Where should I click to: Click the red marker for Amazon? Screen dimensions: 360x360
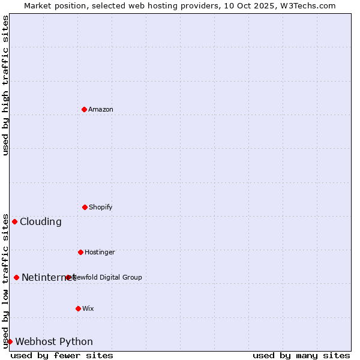(84, 109)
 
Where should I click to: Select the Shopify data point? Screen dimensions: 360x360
(85, 207)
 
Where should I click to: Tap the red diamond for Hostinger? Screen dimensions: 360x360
(80, 252)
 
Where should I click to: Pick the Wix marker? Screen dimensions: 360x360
(78, 308)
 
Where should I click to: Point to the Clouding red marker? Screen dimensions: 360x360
(14, 221)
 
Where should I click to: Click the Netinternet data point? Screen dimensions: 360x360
(16, 277)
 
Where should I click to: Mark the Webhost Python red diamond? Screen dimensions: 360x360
(10, 341)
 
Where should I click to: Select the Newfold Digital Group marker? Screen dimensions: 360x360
(68, 277)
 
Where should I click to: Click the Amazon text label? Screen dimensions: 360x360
(101, 109)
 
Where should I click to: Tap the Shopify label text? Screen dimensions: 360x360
(101, 207)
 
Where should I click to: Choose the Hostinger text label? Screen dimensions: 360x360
(100, 252)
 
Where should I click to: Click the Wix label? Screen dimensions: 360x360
(88, 308)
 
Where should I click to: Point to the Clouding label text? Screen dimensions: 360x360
(41, 221)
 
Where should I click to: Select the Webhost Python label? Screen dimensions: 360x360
(54, 341)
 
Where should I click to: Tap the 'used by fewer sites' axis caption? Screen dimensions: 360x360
(62, 355)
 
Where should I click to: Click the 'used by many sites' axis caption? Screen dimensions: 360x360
(301, 355)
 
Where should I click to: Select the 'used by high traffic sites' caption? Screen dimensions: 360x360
(5, 85)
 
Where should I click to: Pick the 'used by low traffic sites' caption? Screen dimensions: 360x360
(5, 281)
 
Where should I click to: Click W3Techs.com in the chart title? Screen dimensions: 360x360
(305, 5)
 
